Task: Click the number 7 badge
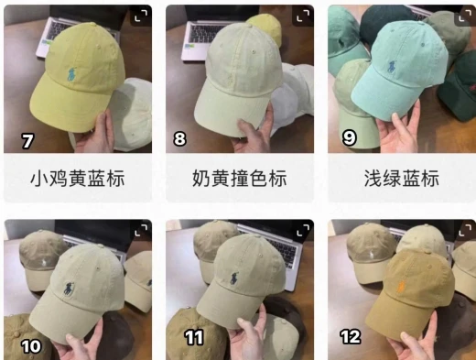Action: pos(27,141)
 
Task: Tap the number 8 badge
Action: pos(179,139)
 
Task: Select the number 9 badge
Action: pos(349,137)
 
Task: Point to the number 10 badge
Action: pos(31,346)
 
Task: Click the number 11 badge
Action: pos(194,338)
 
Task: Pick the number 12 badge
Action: pos(351,337)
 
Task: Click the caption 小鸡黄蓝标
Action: pos(78,179)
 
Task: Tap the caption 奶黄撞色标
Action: pos(240,179)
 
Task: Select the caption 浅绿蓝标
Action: pos(402,179)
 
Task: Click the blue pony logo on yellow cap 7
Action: pos(70,75)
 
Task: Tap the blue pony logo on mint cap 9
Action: pos(392,68)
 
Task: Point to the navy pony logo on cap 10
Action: pos(70,289)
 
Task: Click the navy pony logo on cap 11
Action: pos(234,278)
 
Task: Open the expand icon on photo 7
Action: pos(141,16)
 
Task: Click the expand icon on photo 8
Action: pos(303,16)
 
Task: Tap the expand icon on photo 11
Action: pos(303,231)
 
